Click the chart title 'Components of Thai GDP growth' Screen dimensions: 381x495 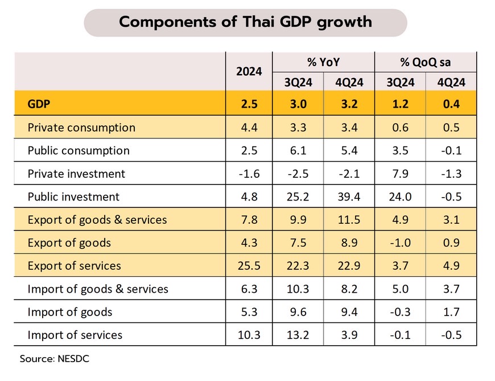pos(245,23)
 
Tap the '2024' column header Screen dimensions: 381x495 pos(249,71)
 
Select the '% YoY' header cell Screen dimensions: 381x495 pos(323,62)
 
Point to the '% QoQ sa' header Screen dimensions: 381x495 pos(425,62)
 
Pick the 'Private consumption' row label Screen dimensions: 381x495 pos(81,128)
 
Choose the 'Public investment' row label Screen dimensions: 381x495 pos(73,197)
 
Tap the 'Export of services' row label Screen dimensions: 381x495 pos(74,266)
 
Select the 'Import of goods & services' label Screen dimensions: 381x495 pos(98,289)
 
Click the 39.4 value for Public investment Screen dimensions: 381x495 pos(349,197)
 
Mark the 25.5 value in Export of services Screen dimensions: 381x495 pos(249,266)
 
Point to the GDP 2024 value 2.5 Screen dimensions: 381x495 pos(249,104)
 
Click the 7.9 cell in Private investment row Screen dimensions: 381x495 pos(400,174)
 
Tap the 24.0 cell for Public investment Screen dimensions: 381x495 pos(400,197)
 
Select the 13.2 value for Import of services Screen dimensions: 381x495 pos(298,335)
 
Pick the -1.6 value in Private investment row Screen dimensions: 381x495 pos(249,174)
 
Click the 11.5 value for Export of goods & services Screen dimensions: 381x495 pos(349,220)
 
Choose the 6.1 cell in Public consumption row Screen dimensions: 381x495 pos(298,151)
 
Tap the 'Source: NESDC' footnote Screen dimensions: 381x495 pos(55,359)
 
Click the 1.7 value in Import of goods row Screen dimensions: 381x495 pos(451,312)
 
